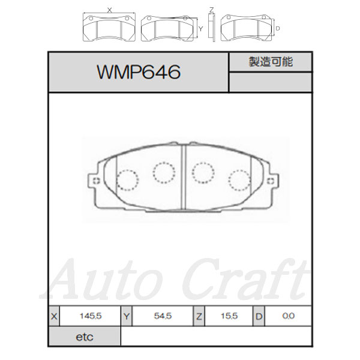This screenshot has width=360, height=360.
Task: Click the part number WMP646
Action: click(139, 72)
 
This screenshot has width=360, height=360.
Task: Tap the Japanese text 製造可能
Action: click(271, 62)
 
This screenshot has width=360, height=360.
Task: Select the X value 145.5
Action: click(91, 316)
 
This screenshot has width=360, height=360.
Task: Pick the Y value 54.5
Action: click(163, 316)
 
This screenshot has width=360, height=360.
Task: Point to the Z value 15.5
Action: click(229, 316)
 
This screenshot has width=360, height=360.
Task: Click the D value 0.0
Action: click(289, 316)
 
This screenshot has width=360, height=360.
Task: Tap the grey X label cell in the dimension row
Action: click(54, 316)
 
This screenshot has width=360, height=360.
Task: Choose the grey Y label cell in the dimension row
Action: click(127, 316)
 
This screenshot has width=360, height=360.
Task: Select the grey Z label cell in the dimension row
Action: click(199, 316)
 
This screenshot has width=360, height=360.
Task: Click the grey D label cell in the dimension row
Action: click(259, 316)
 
